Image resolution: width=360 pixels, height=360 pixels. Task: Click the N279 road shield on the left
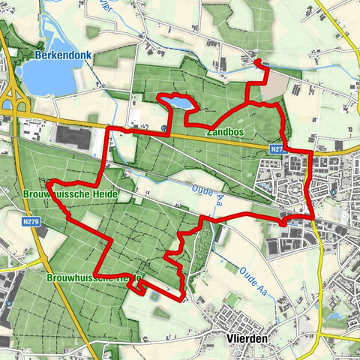[x=31, y=222]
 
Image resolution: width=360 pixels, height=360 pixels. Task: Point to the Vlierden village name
[x=247, y=338]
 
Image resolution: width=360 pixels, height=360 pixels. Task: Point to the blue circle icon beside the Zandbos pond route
[x=163, y=128]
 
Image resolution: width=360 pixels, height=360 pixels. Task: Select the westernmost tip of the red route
[x=48, y=183]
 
